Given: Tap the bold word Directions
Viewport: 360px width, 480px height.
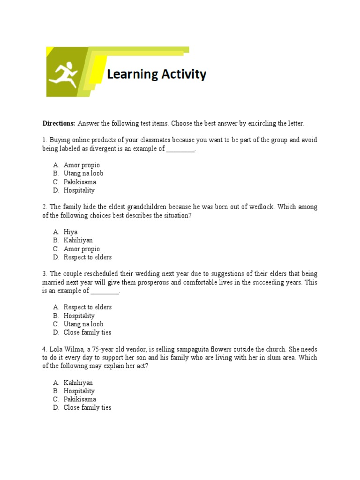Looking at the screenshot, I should pos(59,123).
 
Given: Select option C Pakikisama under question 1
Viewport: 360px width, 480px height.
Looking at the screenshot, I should pos(80,182).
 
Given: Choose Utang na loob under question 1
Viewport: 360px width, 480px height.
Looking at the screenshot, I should pos(83,173).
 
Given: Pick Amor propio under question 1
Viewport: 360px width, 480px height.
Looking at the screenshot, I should pos(82,165).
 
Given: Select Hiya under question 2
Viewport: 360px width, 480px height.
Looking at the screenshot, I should pos(71,232).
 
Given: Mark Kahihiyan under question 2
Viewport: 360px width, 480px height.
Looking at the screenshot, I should pos(78,240).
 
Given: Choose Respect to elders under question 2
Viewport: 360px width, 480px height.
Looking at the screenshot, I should pos(88,257).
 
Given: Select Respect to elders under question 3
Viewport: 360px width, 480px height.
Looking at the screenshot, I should pos(88,307).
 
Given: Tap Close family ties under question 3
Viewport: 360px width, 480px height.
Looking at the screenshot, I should pos(88,332).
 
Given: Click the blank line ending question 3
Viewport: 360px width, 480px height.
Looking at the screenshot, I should pos(105,291).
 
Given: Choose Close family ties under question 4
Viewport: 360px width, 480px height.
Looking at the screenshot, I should pos(88,408).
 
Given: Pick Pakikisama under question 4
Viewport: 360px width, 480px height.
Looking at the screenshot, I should pos(80,399).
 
